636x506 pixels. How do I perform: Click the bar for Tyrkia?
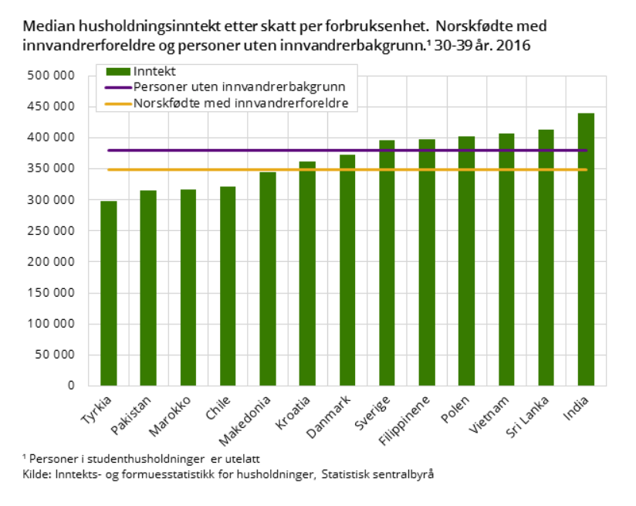pos(109,294)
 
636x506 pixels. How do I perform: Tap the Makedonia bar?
pos(268,279)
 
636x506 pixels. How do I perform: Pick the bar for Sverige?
pos(387,263)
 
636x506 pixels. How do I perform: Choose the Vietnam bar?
pos(506,260)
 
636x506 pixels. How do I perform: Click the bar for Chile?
pos(228,286)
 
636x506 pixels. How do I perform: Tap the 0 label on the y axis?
pos(70,385)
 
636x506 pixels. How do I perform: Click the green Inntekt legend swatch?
pos(118,71)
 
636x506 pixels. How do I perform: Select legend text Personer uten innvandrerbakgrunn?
pos(239,87)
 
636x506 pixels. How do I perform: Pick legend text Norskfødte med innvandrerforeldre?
pos(240,103)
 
